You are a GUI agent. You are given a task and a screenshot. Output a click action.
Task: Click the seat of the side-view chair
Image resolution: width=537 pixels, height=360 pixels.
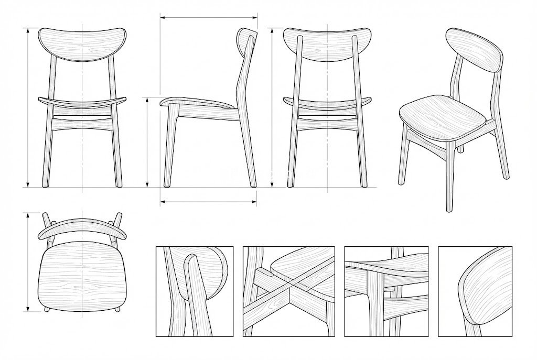[x=199, y=102]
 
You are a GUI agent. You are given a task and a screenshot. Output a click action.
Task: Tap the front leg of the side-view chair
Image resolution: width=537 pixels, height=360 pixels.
[x=170, y=147]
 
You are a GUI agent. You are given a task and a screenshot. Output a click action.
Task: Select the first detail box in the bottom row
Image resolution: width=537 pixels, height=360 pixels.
[x=195, y=291]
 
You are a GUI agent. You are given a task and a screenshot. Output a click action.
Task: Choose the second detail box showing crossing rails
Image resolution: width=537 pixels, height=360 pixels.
[x=288, y=291]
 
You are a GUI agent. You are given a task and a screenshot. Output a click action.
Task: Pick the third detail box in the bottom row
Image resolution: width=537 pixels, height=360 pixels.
[x=386, y=291]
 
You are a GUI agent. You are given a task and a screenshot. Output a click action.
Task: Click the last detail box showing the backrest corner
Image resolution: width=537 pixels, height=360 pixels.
[x=475, y=291]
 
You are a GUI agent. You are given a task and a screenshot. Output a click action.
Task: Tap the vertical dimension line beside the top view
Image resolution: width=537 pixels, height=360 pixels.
[x=28, y=262]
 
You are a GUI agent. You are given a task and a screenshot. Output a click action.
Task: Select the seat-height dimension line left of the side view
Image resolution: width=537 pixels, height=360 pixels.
[x=147, y=141]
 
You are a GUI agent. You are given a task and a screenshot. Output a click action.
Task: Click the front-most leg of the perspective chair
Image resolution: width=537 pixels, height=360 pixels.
[x=449, y=178]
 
